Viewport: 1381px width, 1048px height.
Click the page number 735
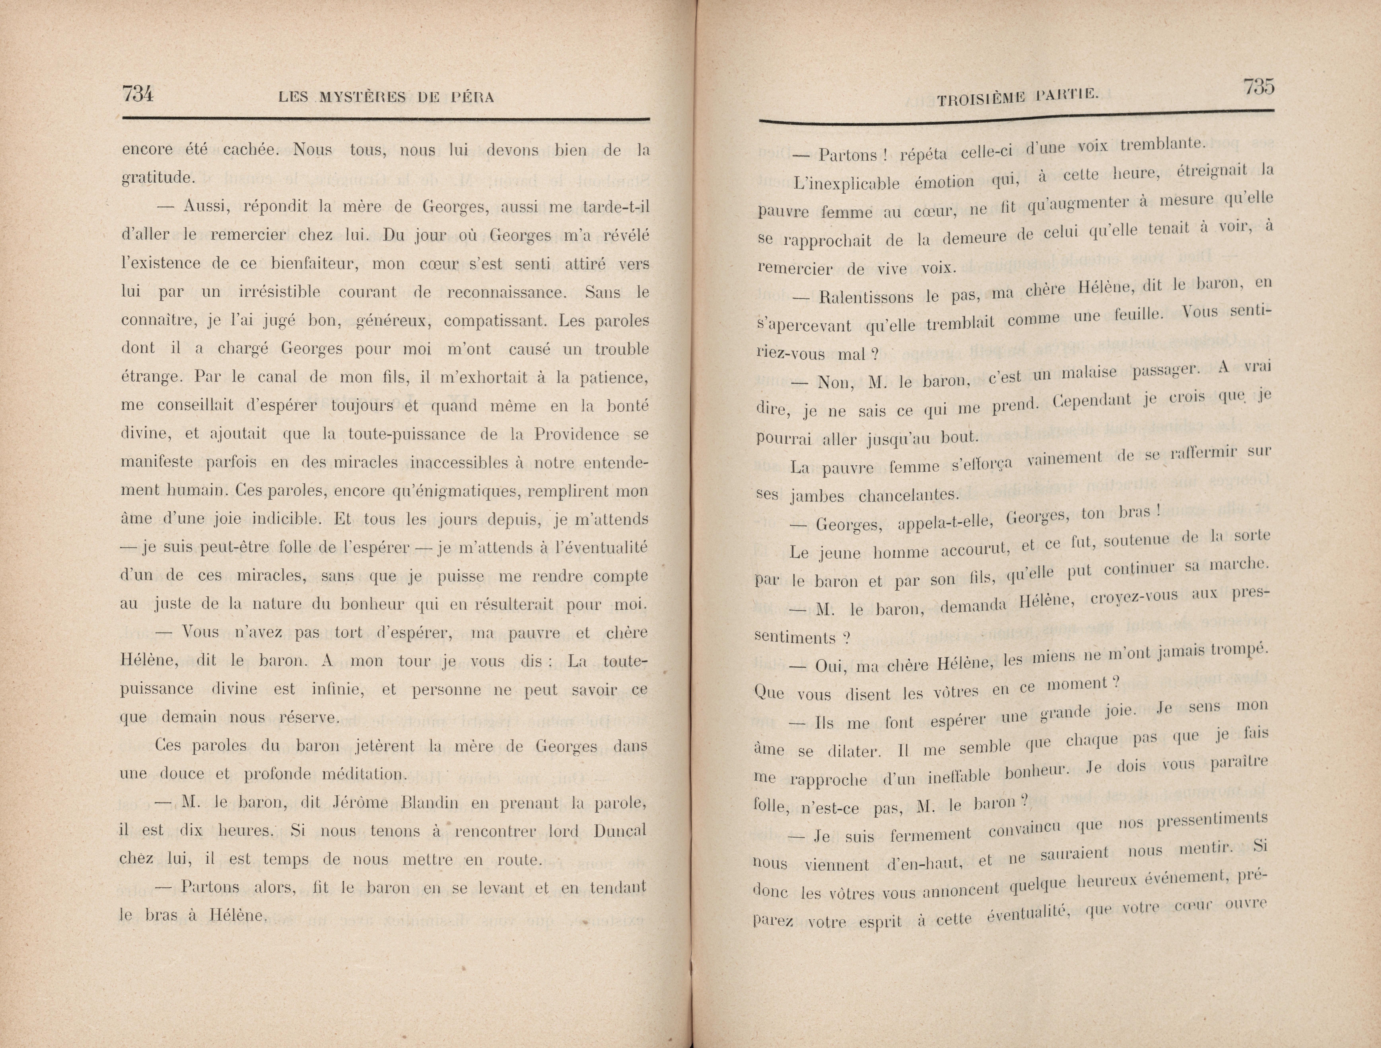pyautogui.click(x=1258, y=87)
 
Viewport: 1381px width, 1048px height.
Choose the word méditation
pyautogui.click(x=363, y=775)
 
